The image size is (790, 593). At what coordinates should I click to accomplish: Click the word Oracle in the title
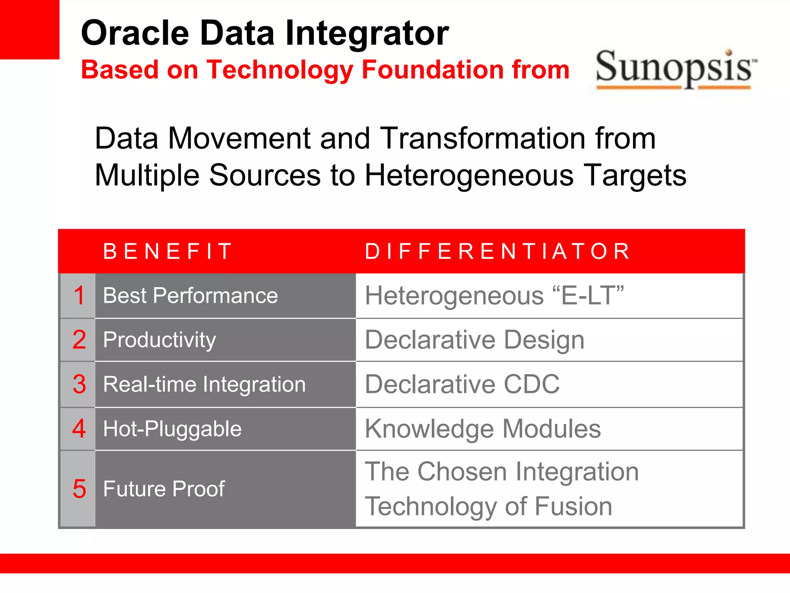[135, 34]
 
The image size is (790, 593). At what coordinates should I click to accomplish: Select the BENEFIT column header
[167, 251]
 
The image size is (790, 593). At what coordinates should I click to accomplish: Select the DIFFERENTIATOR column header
[498, 251]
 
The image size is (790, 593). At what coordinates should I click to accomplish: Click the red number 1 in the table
[79, 296]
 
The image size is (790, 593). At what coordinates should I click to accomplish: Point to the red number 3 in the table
[79, 385]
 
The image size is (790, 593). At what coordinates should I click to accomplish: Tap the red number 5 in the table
[79, 489]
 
